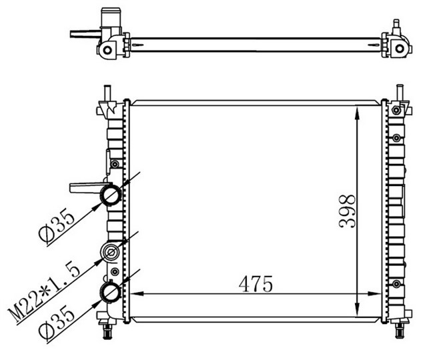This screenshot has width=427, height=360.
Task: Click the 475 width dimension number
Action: tap(257, 284)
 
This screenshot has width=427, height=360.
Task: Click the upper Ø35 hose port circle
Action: tap(110, 195)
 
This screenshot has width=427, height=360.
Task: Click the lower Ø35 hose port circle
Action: tap(110, 291)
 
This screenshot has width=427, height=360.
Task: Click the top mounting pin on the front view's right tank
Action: tap(400, 92)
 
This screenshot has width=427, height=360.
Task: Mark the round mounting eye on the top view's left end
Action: tap(107, 49)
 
